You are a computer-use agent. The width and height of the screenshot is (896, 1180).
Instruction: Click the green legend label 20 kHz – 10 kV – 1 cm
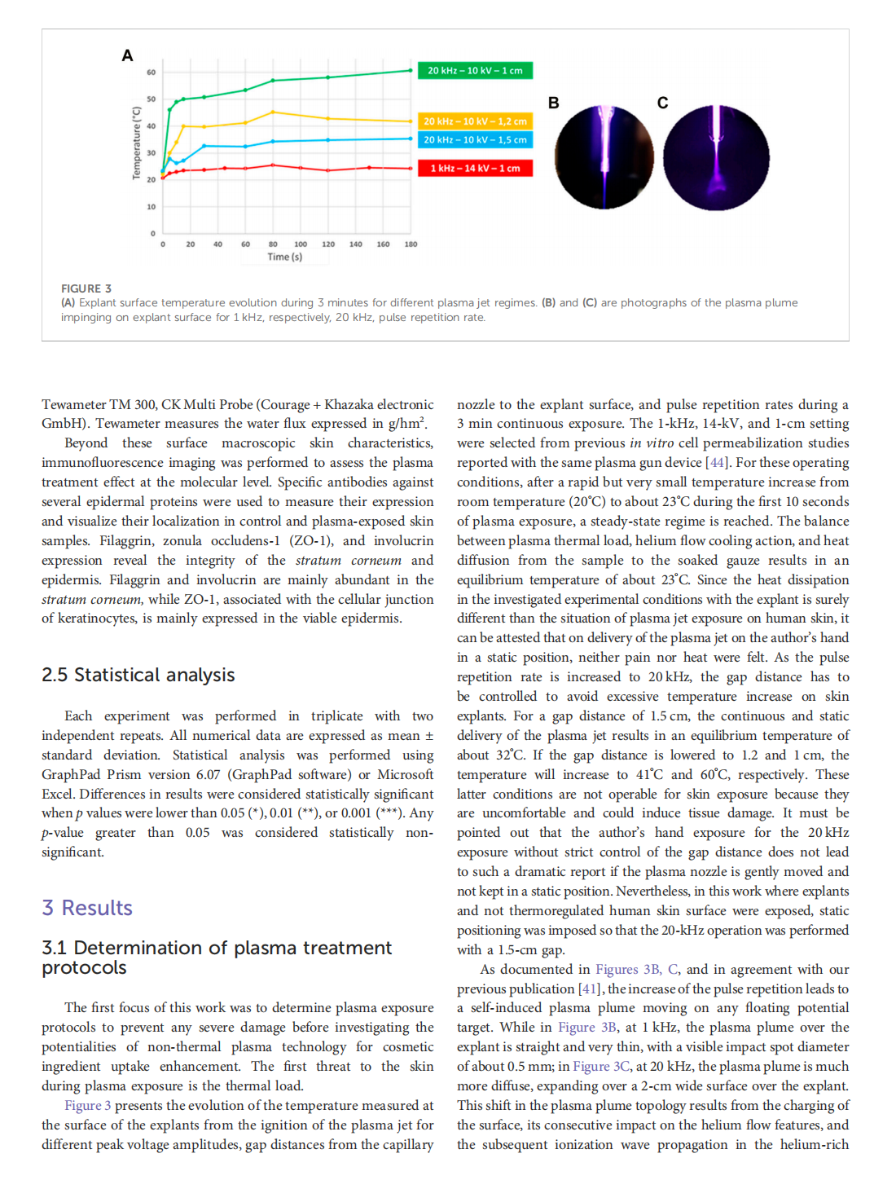pos(475,71)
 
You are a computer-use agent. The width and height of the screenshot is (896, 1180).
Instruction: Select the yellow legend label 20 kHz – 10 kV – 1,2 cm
pos(475,121)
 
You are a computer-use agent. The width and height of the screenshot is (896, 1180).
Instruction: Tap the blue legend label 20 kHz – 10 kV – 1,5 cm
pos(475,140)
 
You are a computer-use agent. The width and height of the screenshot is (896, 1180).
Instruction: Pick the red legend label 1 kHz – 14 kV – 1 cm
pos(475,169)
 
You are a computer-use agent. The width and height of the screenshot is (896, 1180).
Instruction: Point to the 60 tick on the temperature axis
pos(152,73)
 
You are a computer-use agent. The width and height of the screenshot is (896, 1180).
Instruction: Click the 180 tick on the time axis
pos(411,244)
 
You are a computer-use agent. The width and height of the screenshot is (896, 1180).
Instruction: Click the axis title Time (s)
pos(284,258)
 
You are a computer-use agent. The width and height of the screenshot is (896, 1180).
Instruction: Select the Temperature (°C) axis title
pos(137,143)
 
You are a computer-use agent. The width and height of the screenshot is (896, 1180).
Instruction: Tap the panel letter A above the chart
pos(127,55)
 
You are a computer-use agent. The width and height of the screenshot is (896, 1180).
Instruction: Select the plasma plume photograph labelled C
pos(716,157)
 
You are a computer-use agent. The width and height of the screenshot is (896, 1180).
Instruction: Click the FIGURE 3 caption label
pos(86,288)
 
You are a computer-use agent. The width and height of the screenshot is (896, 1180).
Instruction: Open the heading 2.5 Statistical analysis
pos(138,676)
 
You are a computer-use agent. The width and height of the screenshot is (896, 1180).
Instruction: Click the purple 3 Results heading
pos(87,909)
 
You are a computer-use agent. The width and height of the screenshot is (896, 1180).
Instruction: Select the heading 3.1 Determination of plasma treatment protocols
pos(217,958)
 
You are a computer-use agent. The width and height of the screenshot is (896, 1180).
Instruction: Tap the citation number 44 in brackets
pos(717,463)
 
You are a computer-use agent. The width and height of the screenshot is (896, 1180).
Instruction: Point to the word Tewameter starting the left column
pos(74,405)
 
